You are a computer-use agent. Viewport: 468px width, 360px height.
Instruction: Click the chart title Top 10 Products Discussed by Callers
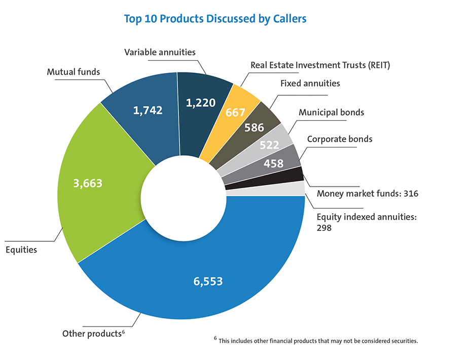pyautogui.click(x=215, y=19)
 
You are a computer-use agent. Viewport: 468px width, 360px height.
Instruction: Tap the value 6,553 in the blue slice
pyautogui.click(x=207, y=281)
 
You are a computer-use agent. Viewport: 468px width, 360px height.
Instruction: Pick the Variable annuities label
pyautogui.click(x=160, y=52)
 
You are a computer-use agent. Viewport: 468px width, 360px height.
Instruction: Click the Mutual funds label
pyautogui.click(x=73, y=72)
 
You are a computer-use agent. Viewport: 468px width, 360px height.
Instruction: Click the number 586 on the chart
pyautogui.click(x=253, y=127)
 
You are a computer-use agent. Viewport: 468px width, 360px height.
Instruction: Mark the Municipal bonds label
pyautogui.click(x=331, y=112)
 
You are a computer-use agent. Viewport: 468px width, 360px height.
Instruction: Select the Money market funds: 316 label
pyautogui.click(x=367, y=193)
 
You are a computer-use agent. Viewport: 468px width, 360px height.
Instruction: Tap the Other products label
pyautogui.click(x=93, y=334)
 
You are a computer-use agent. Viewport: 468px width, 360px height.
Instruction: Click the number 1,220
pyautogui.click(x=201, y=103)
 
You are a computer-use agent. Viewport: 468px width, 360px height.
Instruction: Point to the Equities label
pyautogui.click(x=21, y=249)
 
